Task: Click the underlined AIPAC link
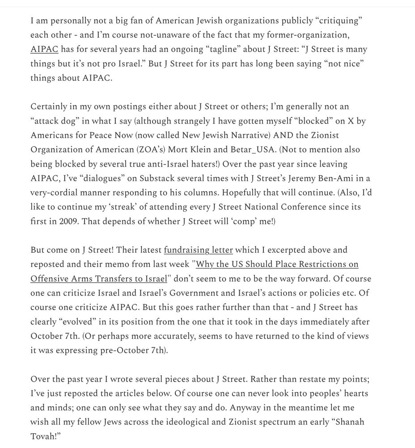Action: [44, 49]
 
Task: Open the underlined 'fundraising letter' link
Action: [198, 250]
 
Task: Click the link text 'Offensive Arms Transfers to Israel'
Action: [98, 279]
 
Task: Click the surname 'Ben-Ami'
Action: [340, 178]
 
